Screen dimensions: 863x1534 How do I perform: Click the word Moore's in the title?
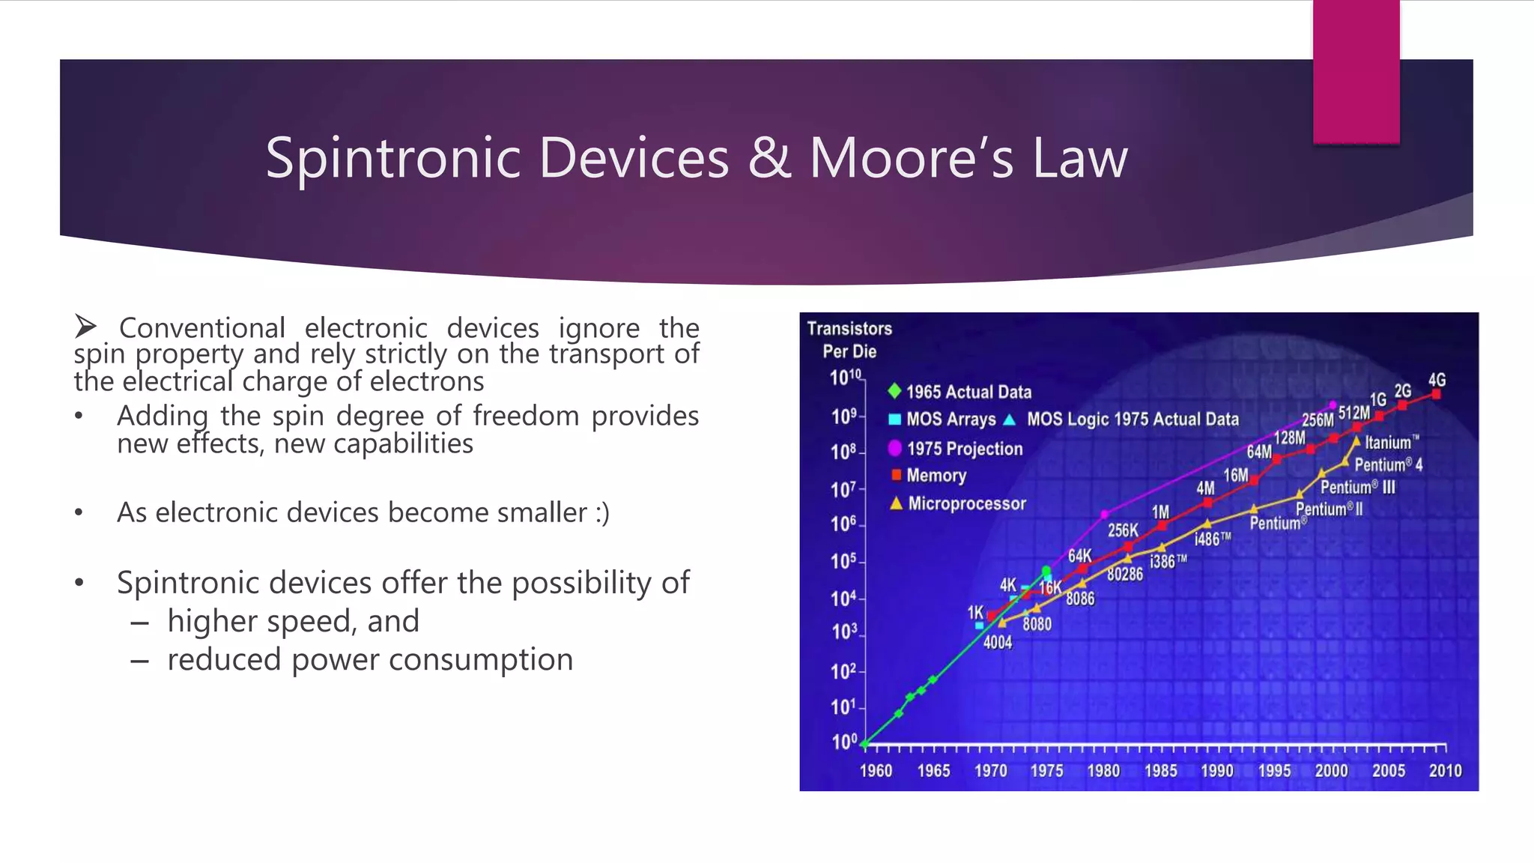(x=911, y=158)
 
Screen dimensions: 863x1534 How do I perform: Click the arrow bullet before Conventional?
(x=85, y=327)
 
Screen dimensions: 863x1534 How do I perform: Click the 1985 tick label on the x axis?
(x=1159, y=771)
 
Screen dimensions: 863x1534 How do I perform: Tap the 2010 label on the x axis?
(x=1444, y=771)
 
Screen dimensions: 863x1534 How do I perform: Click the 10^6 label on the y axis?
(x=843, y=524)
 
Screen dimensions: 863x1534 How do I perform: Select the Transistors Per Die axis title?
(x=849, y=339)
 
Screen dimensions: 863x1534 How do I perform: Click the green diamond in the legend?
(x=894, y=390)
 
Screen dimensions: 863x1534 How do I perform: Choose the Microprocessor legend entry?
(x=966, y=503)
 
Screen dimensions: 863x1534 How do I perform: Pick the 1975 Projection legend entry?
(x=964, y=449)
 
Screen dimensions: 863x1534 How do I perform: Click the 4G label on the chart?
(x=1436, y=380)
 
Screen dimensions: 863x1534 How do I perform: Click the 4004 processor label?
(x=997, y=642)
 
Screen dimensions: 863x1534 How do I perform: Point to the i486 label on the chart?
(x=1211, y=539)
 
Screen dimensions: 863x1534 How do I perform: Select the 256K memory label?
(x=1122, y=530)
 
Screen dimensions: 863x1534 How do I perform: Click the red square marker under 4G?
(x=1436, y=394)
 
